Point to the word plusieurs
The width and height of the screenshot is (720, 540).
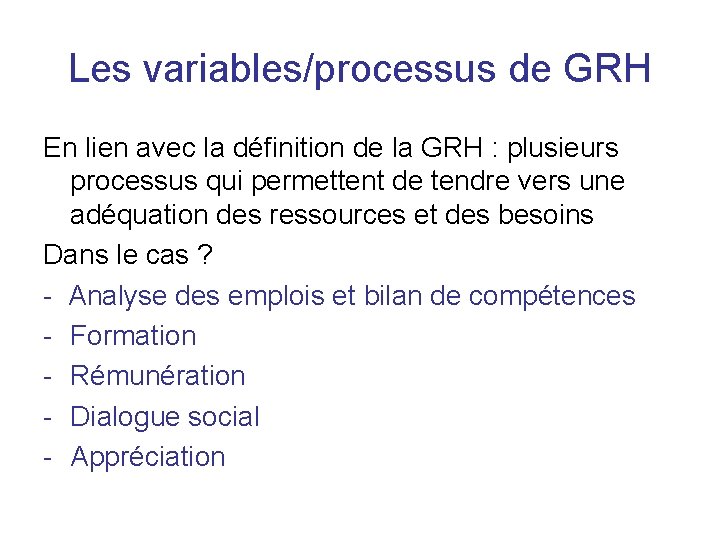coord(564,149)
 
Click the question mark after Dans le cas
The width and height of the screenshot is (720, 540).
coord(204,255)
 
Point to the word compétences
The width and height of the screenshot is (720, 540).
coord(552,295)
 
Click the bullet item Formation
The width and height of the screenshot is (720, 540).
coord(133,336)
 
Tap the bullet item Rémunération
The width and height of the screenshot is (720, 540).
coord(158,376)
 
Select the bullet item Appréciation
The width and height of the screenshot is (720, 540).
coord(148,457)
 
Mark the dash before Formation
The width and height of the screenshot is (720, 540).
coord(49,337)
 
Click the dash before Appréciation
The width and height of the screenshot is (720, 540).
coord(49,458)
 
